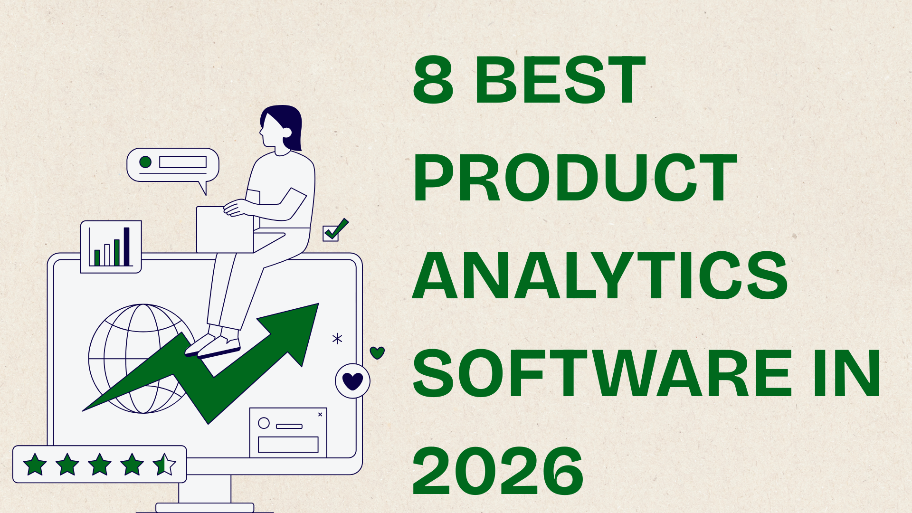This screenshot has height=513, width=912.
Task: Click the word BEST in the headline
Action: click(560, 79)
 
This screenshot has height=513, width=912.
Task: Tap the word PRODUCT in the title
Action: click(575, 178)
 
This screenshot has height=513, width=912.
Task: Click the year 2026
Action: click(498, 471)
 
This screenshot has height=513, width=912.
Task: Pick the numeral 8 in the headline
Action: click(433, 79)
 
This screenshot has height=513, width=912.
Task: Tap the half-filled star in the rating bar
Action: click(164, 465)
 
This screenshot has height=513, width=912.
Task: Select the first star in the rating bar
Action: click(35, 465)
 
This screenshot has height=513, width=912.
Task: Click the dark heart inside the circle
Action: click(352, 381)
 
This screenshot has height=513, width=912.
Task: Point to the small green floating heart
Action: click(377, 352)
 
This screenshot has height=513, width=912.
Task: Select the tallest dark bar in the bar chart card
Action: click(127, 247)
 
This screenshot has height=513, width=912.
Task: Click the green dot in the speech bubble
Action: click(145, 162)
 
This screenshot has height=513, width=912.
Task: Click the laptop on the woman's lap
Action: click(225, 230)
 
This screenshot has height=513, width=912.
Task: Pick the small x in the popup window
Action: click(320, 415)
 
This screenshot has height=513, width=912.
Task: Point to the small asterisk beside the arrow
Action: click(337, 339)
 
